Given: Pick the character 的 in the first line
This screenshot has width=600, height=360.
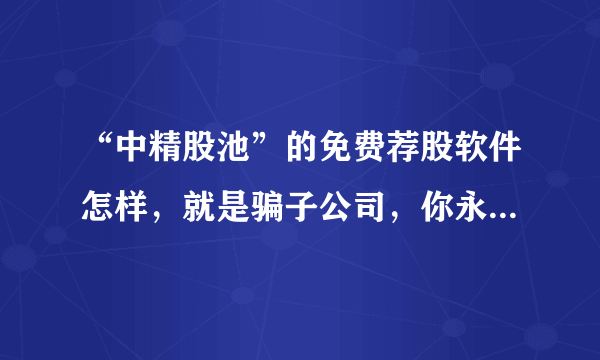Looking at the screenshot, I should point(286,154).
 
